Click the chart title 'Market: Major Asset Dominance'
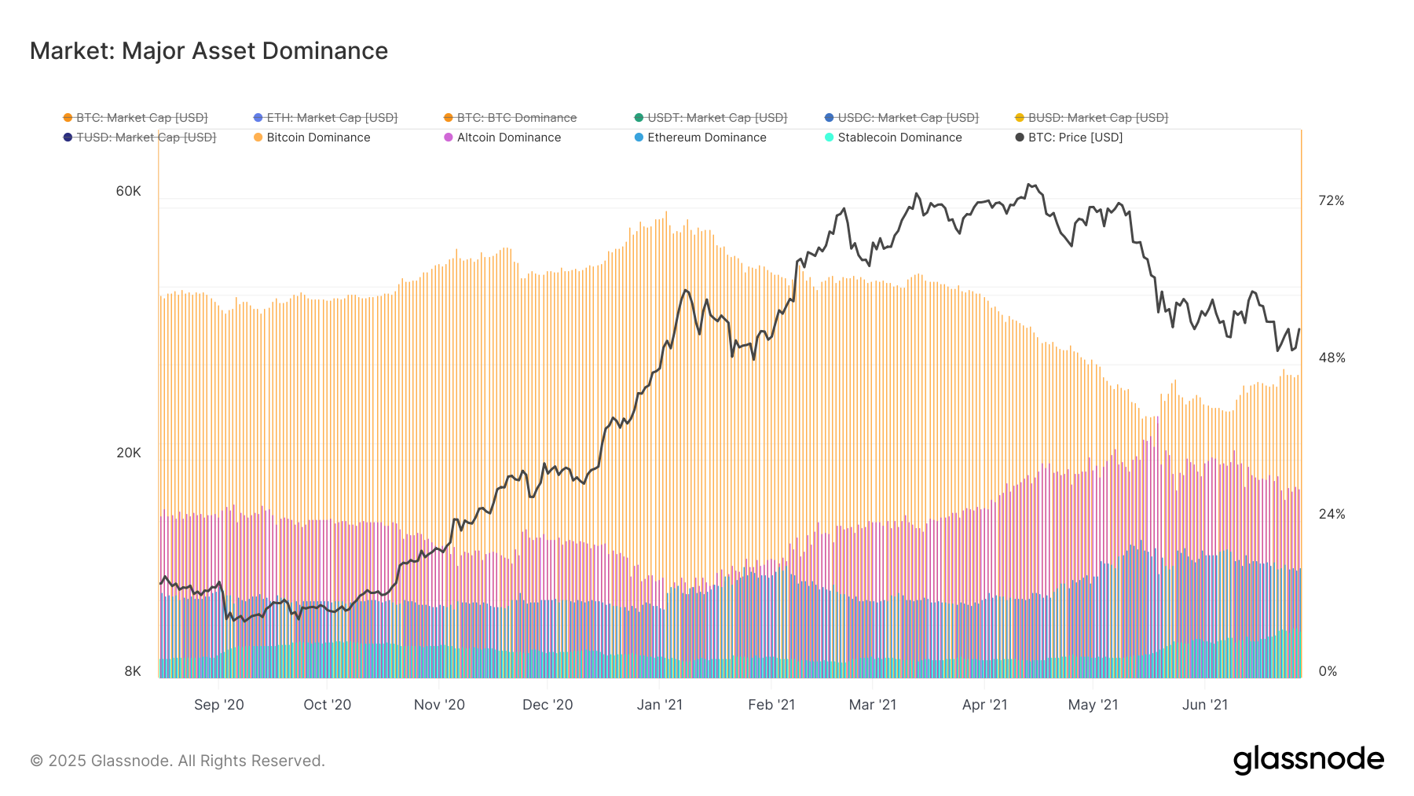[x=209, y=51]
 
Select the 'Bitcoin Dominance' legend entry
[x=317, y=138]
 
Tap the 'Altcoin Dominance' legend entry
[x=508, y=138]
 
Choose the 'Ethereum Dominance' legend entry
[x=706, y=138]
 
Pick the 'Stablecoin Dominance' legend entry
[x=899, y=138]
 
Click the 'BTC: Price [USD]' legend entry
[x=1075, y=138]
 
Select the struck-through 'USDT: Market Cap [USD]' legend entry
[x=716, y=118]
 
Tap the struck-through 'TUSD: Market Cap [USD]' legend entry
[x=145, y=138]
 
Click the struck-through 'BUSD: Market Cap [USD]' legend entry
[x=1097, y=118]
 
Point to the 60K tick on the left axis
[x=129, y=192]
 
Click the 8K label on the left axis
[x=133, y=671]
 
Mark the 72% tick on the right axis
[x=1331, y=201]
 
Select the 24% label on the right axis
[x=1331, y=515]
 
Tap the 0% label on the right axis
[x=1328, y=671]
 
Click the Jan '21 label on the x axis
[x=659, y=705]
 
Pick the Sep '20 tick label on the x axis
[x=218, y=705]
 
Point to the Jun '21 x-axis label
[x=1204, y=705]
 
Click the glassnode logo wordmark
[x=1308, y=760]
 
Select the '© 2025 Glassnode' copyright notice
[x=178, y=761]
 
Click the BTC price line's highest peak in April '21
[x=1029, y=185]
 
